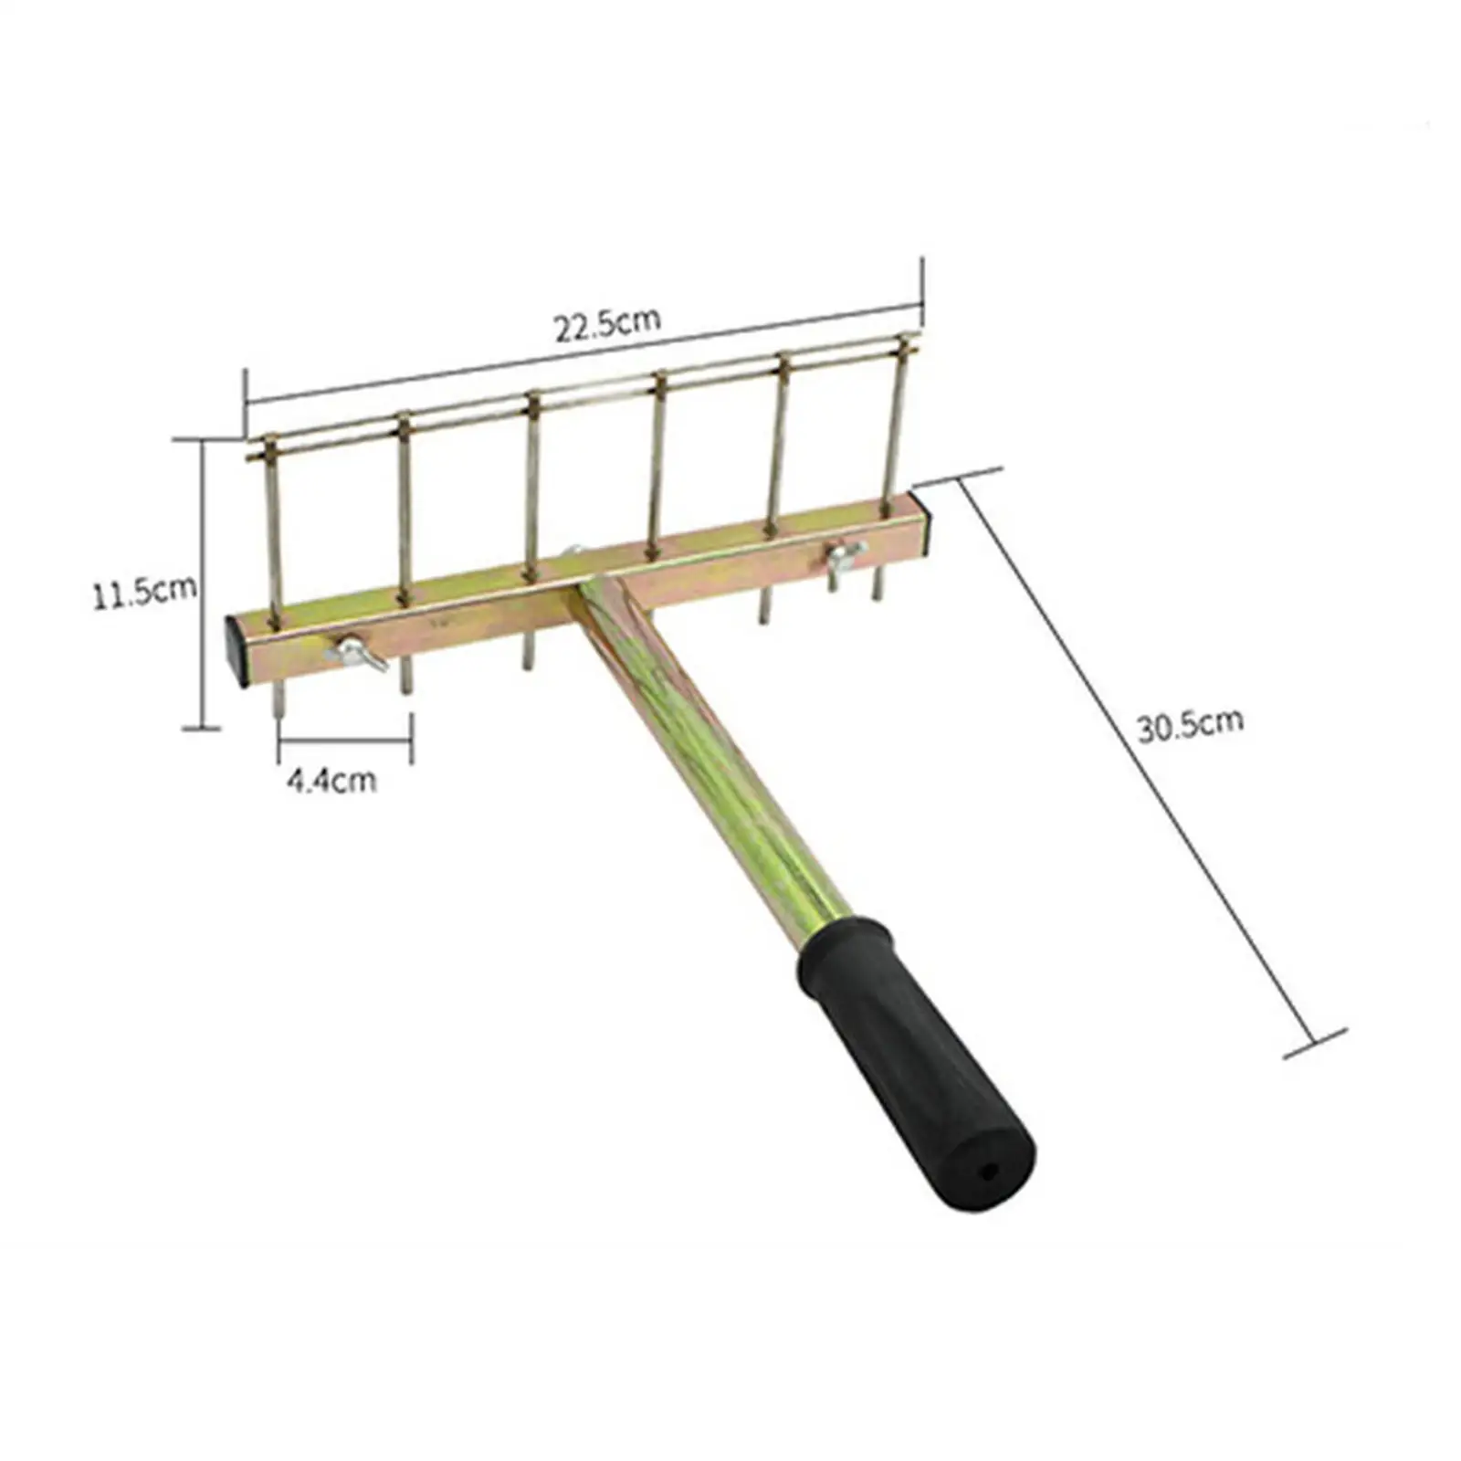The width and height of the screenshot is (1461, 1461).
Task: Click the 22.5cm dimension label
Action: click(606, 324)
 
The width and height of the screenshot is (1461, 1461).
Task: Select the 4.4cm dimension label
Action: click(331, 781)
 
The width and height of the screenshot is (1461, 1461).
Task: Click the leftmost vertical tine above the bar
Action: click(273, 530)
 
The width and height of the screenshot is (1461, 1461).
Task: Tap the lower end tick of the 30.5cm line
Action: click(1315, 1043)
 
